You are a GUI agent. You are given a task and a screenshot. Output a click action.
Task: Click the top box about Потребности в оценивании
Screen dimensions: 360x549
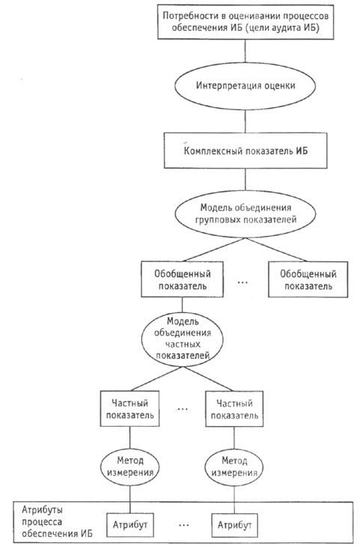pyautogui.click(x=245, y=22)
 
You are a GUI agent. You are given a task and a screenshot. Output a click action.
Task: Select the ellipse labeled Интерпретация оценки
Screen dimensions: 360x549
pyautogui.click(x=245, y=86)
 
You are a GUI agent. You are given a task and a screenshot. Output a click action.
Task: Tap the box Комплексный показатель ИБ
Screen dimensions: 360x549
pyautogui.click(x=245, y=151)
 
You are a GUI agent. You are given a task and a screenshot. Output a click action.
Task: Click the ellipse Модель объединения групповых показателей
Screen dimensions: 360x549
pyautogui.click(x=245, y=214)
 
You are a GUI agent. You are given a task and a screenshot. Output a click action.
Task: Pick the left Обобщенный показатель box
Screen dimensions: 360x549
pyautogui.click(x=182, y=279)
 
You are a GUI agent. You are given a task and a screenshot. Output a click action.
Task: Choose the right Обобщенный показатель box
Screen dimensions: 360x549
pyautogui.click(x=308, y=279)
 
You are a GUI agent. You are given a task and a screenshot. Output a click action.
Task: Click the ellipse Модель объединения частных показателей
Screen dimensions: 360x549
pyautogui.click(x=182, y=339)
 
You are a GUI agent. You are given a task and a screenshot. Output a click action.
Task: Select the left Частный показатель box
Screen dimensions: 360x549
pyautogui.click(x=129, y=409)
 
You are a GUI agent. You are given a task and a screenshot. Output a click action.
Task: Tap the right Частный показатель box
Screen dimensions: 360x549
pyautogui.click(x=234, y=409)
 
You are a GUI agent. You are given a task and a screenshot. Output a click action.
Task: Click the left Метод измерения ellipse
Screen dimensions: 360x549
pyautogui.click(x=129, y=467)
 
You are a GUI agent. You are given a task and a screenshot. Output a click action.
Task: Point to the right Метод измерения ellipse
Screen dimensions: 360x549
pyautogui.click(x=234, y=467)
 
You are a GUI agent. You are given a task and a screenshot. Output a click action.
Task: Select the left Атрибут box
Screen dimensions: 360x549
pyautogui.click(x=129, y=525)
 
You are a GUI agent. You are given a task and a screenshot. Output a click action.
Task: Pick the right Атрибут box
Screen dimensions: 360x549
pyautogui.click(x=234, y=525)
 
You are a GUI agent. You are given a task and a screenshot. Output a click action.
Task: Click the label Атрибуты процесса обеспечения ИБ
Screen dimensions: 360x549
pyautogui.click(x=57, y=522)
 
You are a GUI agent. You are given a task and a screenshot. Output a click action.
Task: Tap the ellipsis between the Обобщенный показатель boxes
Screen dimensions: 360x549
pyautogui.click(x=242, y=282)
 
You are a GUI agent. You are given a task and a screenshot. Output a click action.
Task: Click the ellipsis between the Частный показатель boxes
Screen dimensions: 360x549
pyautogui.click(x=183, y=409)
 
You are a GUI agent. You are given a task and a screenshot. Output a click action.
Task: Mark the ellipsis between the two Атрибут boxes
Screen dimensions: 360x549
pyautogui.click(x=183, y=525)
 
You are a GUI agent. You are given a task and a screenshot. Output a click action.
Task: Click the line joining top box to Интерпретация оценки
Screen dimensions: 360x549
pyautogui.click(x=245, y=51)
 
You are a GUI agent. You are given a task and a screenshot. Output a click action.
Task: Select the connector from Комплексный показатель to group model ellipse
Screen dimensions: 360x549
pyautogui.click(x=245, y=180)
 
